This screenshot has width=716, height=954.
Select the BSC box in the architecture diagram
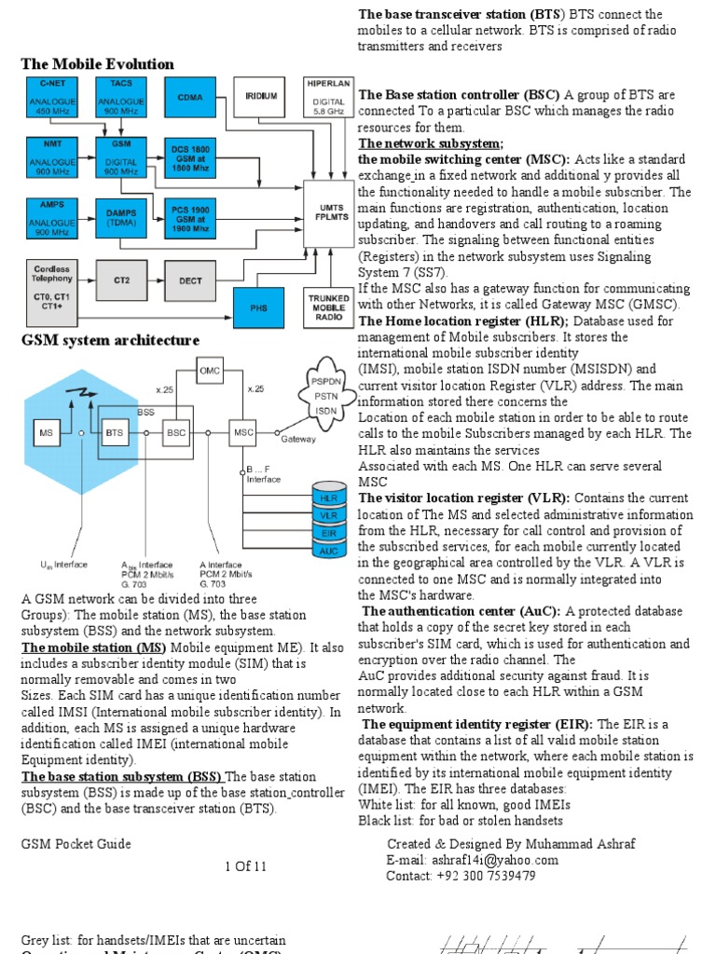coord(176,432)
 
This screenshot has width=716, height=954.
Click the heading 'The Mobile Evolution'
coord(97,64)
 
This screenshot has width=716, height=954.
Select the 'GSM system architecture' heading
coord(110,340)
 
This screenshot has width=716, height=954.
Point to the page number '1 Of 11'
coord(245,866)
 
